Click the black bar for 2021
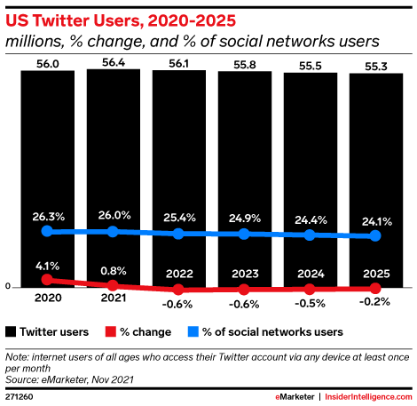[114, 179]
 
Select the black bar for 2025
[376, 180]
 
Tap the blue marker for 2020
[47, 231]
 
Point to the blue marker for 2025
[375, 235]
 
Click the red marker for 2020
[47, 279]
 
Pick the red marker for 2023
[244, 290]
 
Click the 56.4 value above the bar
[114, 62]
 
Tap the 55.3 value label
[376, 67]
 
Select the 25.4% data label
[179, 218]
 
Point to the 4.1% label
[47, 266]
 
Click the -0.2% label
[374, 302]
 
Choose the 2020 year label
[48, 298]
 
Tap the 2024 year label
[311, 274]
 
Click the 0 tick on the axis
[8, 286]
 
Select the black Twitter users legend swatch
[11, 331]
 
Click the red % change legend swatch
[110, 331]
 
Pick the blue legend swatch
[193, 331]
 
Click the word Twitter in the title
[61, 20]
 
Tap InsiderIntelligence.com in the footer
[368, 396]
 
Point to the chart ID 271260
[20, 397]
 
